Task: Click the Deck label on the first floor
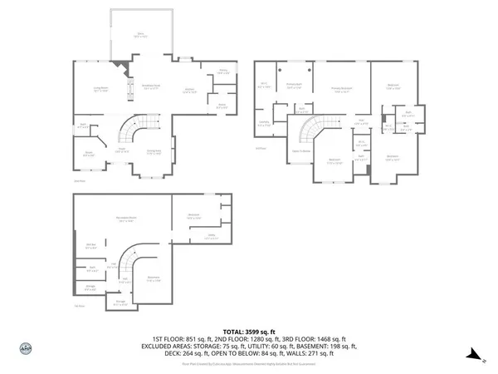pyautogui.click(x=141, y=36)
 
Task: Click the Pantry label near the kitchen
pyautogui.click(x=222, y=72)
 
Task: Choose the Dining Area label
pyautogui.click(x=154, y=151)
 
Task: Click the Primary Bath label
pyautogui.click(x=293, y=85)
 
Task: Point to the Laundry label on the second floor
pyautogui.click(x=264, y=122)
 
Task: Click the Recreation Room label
pyautogui.click(x=127, y=219)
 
